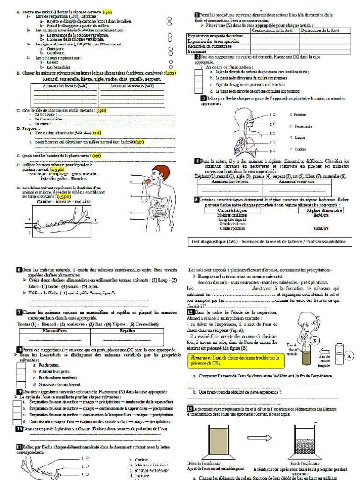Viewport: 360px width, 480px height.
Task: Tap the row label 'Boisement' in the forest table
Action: click(197, 52)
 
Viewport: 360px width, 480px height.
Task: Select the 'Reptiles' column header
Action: click(127, 330)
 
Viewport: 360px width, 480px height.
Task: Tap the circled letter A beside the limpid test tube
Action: click(349, 356)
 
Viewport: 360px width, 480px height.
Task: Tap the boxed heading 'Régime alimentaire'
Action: click(321, 211)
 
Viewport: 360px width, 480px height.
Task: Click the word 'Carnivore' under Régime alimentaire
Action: click(321, 228)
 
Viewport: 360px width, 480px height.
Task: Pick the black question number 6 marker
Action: click(19, 270)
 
